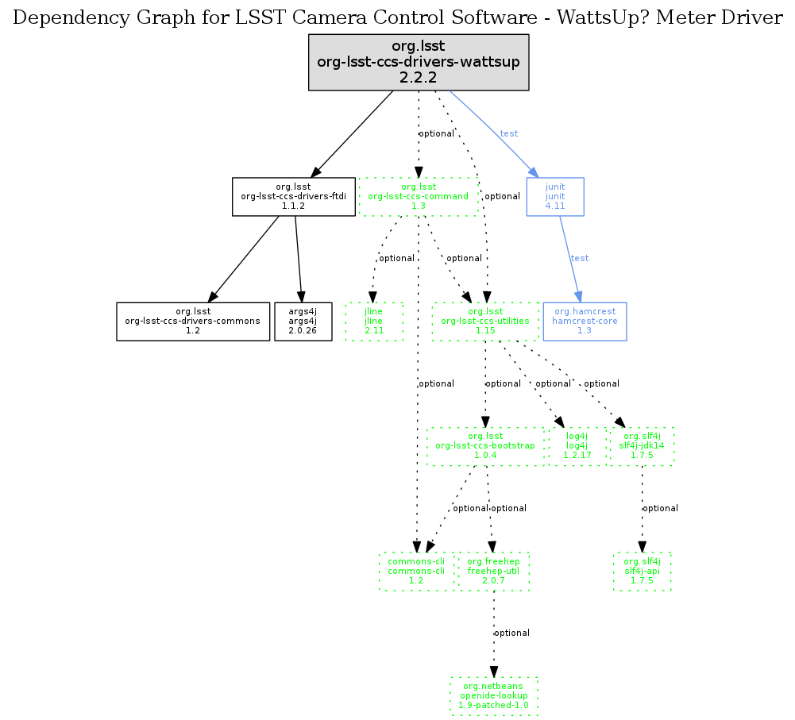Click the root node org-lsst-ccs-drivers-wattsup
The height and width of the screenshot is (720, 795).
pyautogui.click(x=419, y=62)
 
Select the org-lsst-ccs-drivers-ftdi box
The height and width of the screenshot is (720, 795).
pyautogui.click(x=293, y=196)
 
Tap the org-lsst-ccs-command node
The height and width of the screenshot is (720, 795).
pyautogui.click(x=419, y=196)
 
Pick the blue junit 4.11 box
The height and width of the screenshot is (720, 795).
pyautogui.click(x=555, y=196)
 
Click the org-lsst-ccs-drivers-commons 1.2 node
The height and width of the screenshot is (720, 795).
pyautogui.click(x=192, y=321)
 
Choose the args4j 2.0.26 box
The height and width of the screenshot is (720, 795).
pyautogui.click(x=303, y=321)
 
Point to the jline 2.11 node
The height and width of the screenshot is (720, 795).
pyautogui.click(x=374, y=321)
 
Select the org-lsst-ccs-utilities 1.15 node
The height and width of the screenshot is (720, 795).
pyautogui.click(x=486, y=321)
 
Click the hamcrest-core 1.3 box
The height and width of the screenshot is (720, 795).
pyautogui.click(x=584, y=321)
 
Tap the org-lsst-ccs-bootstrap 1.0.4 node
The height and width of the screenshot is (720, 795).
pyautogui.click(x=485, y=446)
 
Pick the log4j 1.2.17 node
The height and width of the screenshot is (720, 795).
pyautogui.click(x=577, y=446)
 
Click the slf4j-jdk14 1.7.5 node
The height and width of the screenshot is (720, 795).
pyautogui.click(x=642, y=446)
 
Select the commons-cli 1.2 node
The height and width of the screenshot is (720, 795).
pyautogui.click(x=416, y=572)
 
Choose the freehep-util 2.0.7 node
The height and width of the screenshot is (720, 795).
pyautogui.click(x=493, y=572)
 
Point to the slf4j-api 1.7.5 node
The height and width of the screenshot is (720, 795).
pyautogui.click(x=642, y=572)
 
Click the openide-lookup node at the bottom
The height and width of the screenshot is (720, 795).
pyautogui.click(x=494, y=696)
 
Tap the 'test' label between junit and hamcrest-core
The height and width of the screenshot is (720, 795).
pyautogui.click(x=580, y=258)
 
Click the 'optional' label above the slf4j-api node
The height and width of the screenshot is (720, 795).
pyautogui.click(x=660, y=508)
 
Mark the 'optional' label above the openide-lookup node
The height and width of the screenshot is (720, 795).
pyautogui.click(x=511, y=633)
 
